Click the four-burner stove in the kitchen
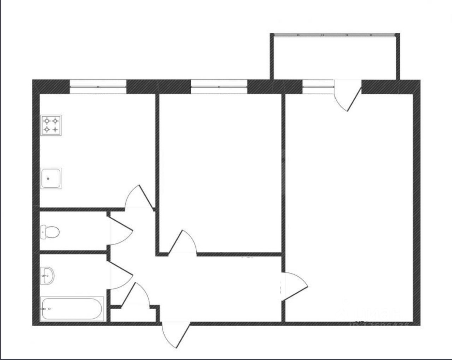(51, 125)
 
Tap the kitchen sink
(51, 178)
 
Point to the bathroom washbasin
(47, 275)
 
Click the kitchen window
(98, 87)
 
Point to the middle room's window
(219, 87)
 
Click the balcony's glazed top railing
(335, 35)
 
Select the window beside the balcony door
(318, 87)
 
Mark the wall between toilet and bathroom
(72, 252)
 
